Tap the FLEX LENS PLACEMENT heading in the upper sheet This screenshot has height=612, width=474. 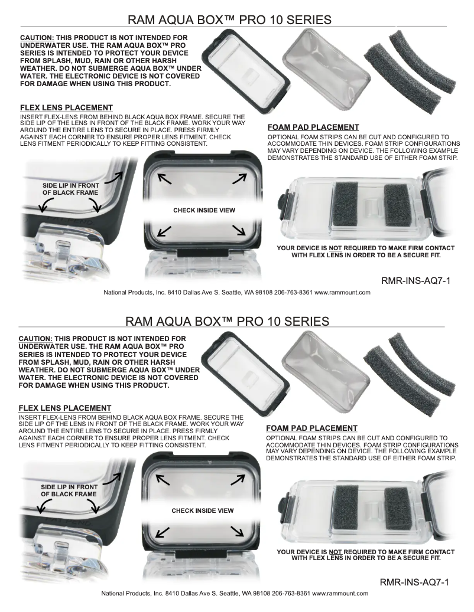pos(66,108)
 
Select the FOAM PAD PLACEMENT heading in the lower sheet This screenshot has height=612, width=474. pos(311,428)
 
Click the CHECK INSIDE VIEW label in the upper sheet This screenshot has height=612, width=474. pos(204,210)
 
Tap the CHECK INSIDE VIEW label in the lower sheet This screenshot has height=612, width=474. pos(202,510)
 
